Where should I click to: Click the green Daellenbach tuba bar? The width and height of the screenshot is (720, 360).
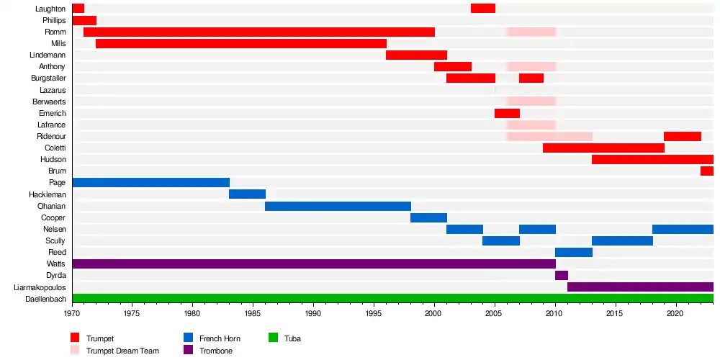[392, 298]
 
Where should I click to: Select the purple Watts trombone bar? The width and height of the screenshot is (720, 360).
[313, 264]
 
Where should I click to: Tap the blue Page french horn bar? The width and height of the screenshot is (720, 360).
[150, 182]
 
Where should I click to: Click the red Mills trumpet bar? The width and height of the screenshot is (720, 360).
[240, 44]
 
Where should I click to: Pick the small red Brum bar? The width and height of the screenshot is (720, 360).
[706, 171]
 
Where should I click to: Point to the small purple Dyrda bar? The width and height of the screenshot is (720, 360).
[562, 275]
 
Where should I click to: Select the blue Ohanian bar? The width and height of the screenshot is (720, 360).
[338, 206]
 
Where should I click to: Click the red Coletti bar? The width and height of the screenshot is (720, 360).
[603, 148]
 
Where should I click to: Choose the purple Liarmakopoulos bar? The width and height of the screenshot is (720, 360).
[640, 287]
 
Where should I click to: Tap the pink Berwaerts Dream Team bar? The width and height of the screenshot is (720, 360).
[531, 102]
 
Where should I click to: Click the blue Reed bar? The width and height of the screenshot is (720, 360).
[573, 252]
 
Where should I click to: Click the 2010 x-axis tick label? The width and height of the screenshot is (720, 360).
[554, 314]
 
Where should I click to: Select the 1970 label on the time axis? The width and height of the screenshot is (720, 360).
[72, 314]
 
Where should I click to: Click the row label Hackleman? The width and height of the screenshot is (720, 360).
[48, 194]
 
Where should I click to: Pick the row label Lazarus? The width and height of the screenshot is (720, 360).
[53, 90]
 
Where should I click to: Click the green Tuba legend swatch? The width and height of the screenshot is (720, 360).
[273, 338]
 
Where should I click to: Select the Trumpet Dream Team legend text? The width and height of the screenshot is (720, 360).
[123, 351]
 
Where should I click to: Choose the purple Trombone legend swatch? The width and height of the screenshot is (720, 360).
[188, 350]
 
